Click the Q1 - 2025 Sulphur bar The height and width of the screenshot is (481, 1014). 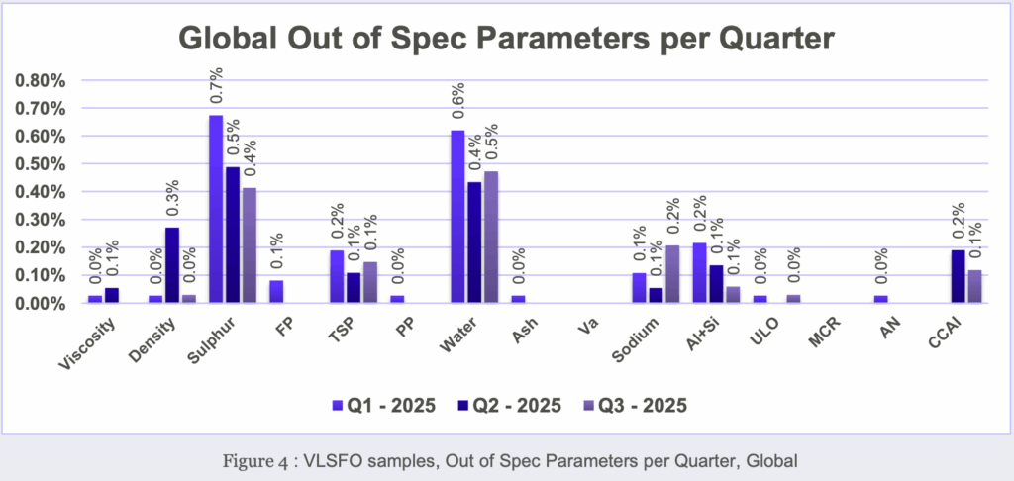215,209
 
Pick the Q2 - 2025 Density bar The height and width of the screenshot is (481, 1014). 171,265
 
